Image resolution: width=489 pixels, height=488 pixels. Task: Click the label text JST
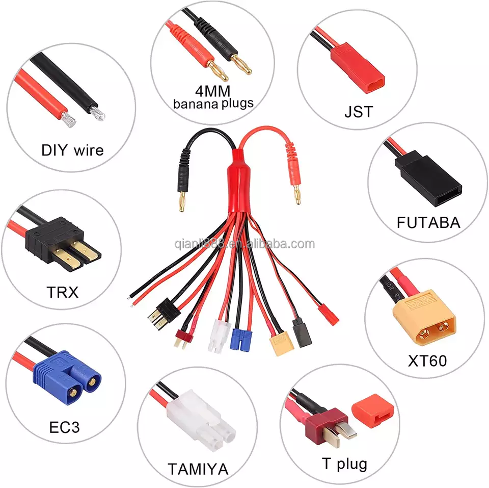point(359,112)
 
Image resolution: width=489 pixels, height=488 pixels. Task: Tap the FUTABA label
point(428,223)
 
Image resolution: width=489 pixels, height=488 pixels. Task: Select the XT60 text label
point(427,361)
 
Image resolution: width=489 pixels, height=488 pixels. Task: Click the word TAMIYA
point(198,469)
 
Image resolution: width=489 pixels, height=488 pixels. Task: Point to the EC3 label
point(64,427)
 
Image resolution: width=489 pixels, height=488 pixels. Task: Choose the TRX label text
point(63,293)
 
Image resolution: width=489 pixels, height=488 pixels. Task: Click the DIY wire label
point(72,150)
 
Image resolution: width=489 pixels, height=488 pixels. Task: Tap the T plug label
point(344,464)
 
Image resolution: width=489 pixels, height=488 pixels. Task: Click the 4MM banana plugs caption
point(213,97)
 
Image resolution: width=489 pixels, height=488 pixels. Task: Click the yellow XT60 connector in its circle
point(424,316)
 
